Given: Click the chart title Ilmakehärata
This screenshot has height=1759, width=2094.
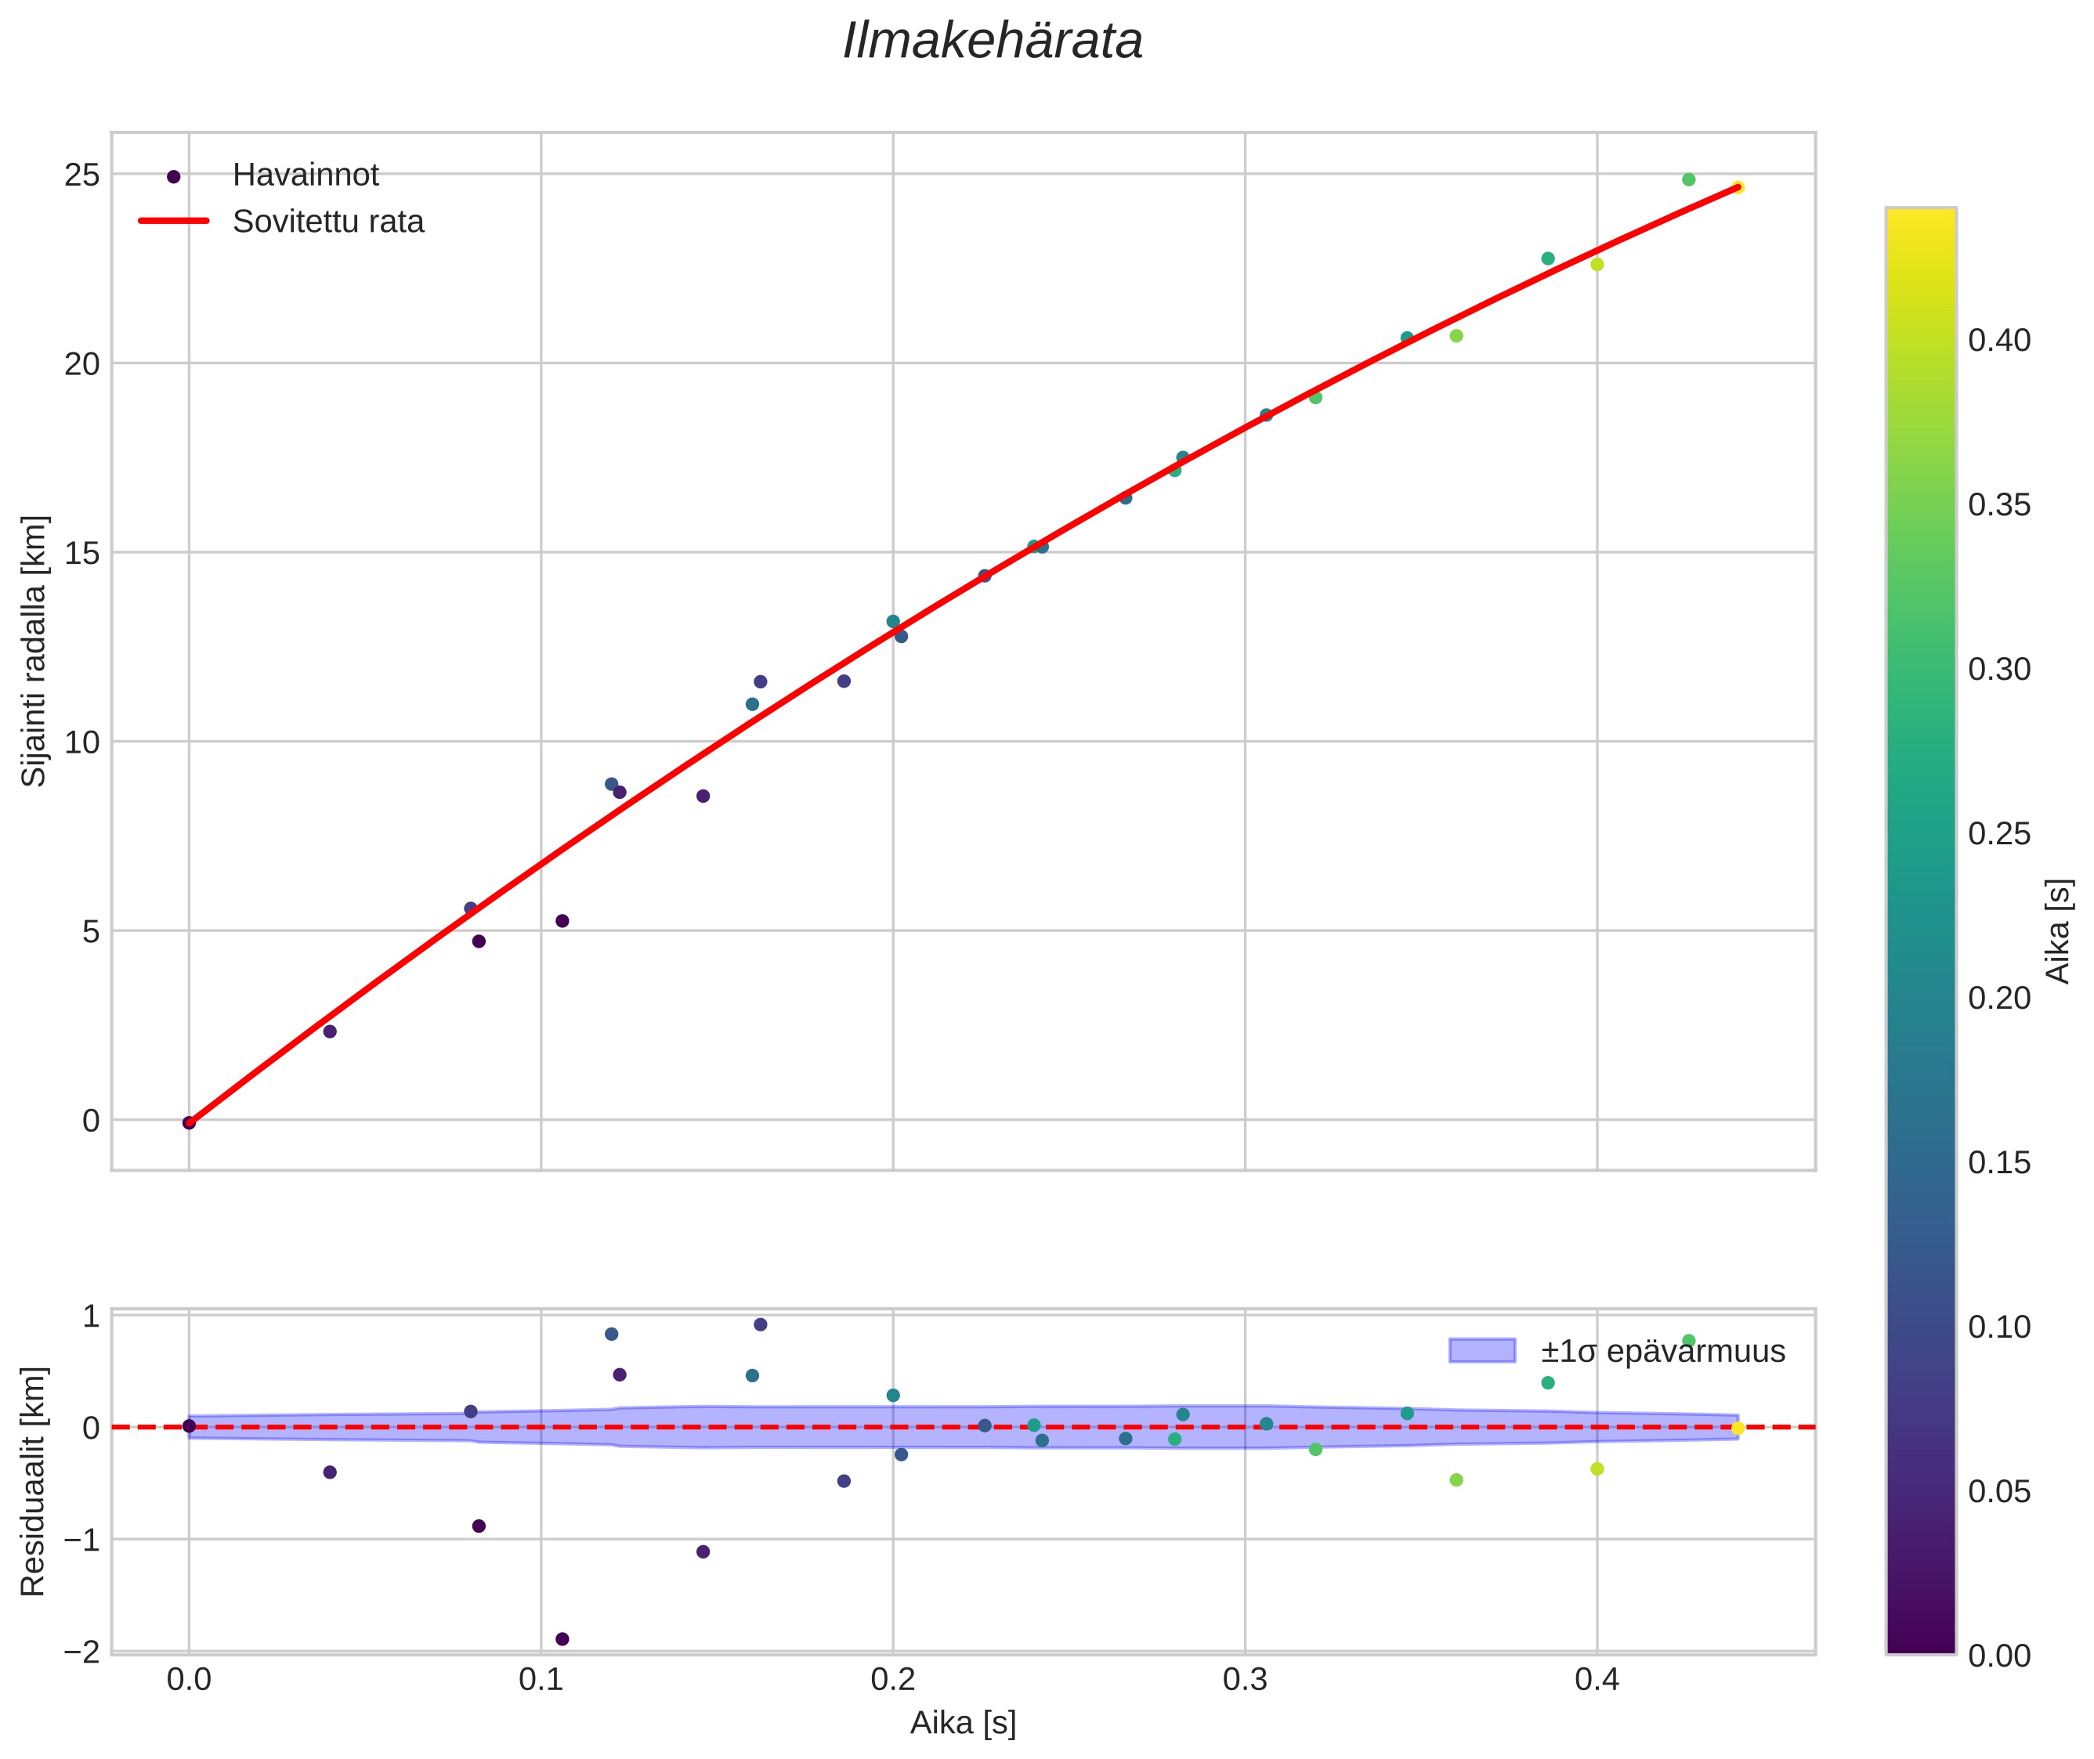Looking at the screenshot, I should point(992,42).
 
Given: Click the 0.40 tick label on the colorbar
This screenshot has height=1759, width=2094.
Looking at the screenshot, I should point(1998,341).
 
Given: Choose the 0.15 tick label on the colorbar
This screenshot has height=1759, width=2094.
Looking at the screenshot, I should point(1998,1163).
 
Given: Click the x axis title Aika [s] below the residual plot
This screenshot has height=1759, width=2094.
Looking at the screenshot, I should point(962,1724).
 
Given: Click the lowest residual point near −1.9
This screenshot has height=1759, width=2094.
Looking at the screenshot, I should point(562,1639).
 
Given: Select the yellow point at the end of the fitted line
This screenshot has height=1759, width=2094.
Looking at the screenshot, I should point(1737,187).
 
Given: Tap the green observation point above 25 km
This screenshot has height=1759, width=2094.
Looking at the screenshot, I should point(1688,179).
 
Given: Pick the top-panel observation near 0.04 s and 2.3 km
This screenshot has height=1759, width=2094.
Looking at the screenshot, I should point(329,1031).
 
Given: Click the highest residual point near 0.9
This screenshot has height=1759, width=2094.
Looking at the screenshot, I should point(759,1324).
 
